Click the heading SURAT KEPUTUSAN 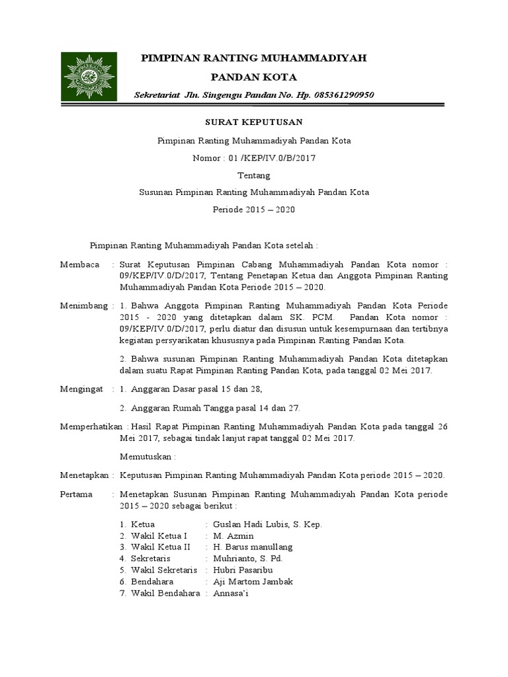(x=253, y=122)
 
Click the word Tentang (x=253, y=175)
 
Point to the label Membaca (x=79, y=264)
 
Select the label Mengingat (x=81, y=390)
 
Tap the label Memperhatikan (x=93, y=426)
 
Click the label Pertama (x=76, y=495)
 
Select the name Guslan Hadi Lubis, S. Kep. (x=267, y=524)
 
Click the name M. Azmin (x=233, y=536)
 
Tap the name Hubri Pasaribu (x=243, y=570)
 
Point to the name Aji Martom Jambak (x=253, y=582)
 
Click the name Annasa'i (x=230, y=594)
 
